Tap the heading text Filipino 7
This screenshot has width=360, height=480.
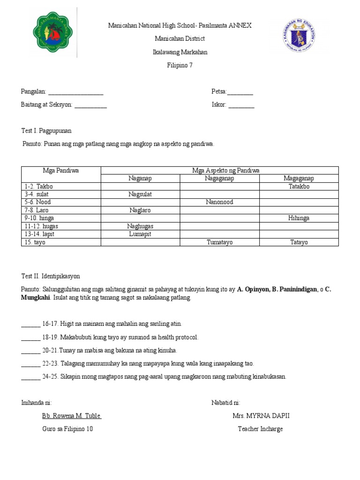[x=180, y=66]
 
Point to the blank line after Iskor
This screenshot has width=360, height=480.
[x=241, y=105]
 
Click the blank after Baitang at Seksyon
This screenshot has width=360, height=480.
[x=90, y=105]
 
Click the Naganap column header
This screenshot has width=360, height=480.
[x=140, y=179]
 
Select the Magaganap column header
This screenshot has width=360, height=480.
[x=299, y=179]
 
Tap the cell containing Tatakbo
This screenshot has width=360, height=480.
[x=299, y=187]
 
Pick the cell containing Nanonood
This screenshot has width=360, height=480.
[x=219, y=202]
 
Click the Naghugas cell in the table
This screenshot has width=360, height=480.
[x=140, y=226]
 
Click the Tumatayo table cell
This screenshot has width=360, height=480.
[x=219, y=242]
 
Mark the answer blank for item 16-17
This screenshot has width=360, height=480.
[x=30, y=324]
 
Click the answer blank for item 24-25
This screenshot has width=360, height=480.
[x=30, y=377]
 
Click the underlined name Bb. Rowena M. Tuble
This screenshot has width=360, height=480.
[x=72, y=416]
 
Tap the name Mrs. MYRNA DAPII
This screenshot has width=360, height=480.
[x=264, y=416]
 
